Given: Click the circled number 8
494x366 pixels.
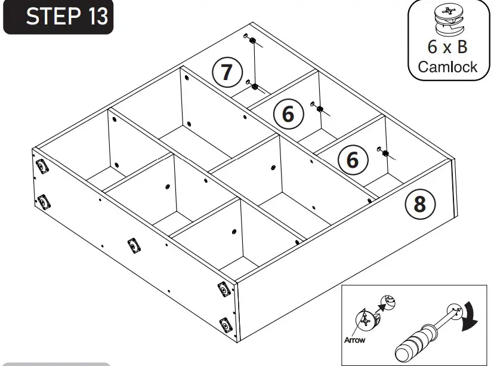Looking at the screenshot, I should [x=419, y=204].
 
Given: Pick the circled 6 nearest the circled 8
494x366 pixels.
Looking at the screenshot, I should [x=352, y=160].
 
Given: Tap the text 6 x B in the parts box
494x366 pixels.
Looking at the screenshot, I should [x=447, y=47].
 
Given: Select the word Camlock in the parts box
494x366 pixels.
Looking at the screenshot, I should [x=447, y=66].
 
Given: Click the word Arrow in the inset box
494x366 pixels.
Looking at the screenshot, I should [x=354, y=340].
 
